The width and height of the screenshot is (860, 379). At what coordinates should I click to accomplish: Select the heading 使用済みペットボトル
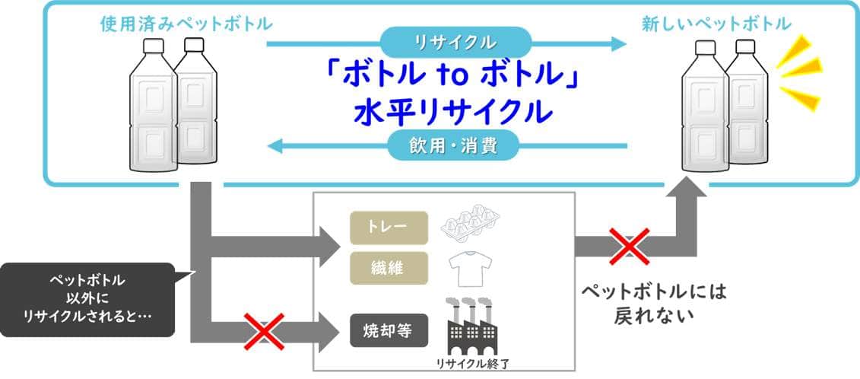click(187, 24)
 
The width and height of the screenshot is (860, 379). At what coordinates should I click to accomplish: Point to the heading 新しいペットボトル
click(716, 24)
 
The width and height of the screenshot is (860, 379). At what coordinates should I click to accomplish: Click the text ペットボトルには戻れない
click(654, 303)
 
